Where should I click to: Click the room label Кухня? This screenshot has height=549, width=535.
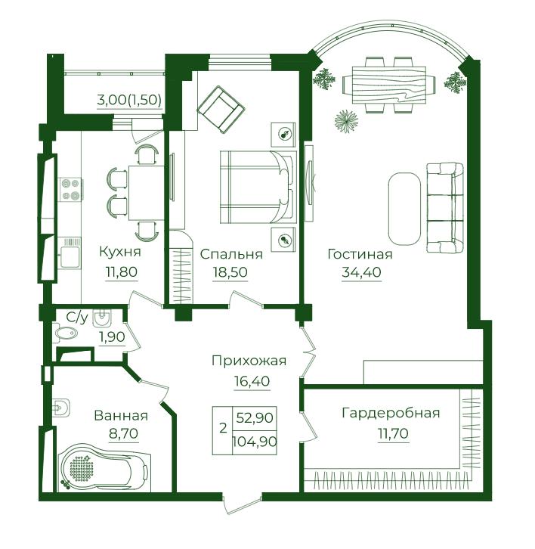point(120,252)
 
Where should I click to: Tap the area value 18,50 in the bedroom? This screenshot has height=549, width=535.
point(230,271)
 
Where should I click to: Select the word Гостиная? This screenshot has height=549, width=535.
point(360,254)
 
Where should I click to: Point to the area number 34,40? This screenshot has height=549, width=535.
point(361,271)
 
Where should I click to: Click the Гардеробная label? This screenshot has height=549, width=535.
point(391,413)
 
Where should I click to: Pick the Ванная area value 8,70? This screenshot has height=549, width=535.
point(123,434)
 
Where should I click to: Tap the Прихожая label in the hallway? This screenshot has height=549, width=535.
point(249,361)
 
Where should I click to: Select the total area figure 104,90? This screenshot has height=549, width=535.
point(255,441)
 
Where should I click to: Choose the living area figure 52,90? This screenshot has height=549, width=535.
point(255,417)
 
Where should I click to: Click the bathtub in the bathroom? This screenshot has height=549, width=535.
point(106,468)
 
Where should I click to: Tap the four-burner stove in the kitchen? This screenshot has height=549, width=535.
point(71,189)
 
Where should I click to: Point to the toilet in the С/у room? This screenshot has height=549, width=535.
point(65,333)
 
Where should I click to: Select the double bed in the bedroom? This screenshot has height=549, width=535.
point(258,187)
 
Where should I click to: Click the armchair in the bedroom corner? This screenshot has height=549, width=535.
point(221,109)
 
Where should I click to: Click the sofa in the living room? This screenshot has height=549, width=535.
point(445,207)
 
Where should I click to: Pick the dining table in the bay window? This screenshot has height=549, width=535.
point(388,85)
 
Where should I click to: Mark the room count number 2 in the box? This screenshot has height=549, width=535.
point(223,428)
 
